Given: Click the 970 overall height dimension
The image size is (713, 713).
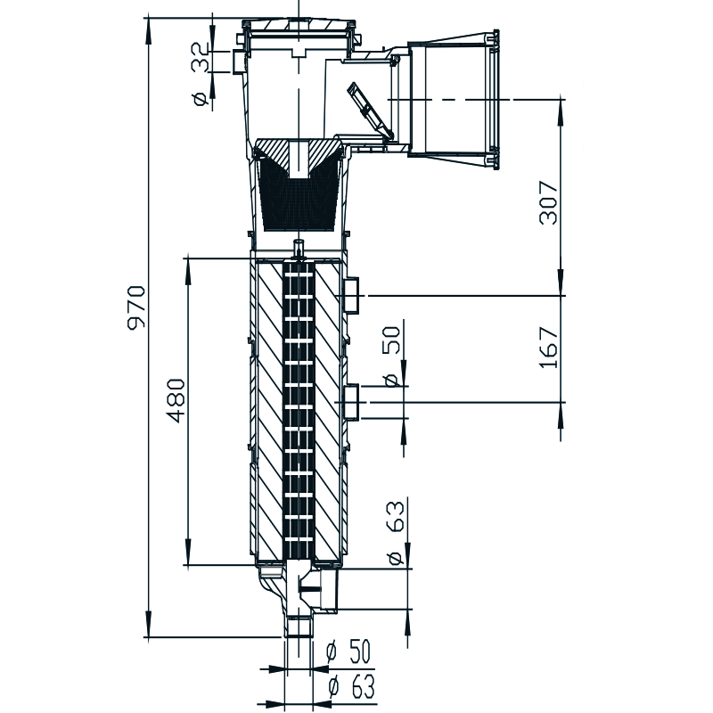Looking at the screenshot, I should (x=135, y=307).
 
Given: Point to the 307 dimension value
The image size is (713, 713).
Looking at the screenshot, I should (x=549, y=203).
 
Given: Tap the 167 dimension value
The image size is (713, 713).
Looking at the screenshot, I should (x=549, y=348).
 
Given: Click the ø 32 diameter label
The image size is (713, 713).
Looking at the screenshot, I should (x=201, y=76).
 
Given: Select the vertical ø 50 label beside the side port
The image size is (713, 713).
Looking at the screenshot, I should (x=390, y=356).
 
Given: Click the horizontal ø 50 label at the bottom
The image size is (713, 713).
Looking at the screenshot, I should (x=348, y=652).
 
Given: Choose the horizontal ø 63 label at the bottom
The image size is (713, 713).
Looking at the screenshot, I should (x=348, y=686).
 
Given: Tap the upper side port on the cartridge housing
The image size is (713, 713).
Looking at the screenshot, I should (x=352, y=294).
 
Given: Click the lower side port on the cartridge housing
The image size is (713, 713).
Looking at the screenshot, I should (x=352, y=402).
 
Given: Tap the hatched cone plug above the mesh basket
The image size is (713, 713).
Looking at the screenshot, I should (x=298, y=153).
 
